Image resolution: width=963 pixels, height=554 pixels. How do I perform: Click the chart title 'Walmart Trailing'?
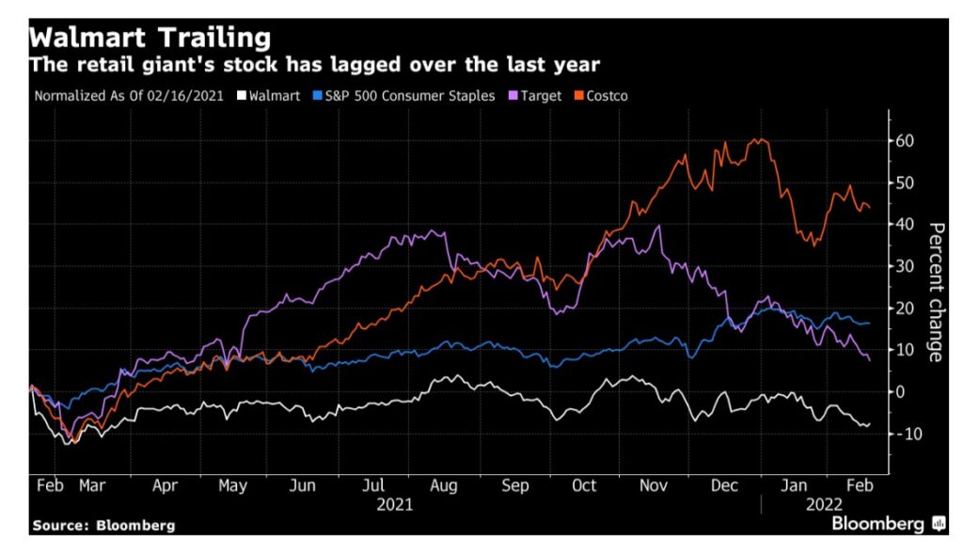point(150,39)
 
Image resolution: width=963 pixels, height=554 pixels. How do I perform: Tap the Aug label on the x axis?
point(444,486)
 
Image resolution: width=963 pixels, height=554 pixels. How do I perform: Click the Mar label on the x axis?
point(92,486)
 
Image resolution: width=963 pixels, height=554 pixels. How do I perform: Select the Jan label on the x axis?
point(796,486)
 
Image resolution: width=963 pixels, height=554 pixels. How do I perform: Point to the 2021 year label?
point(394,504)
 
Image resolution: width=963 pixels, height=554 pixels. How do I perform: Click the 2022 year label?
point(822,504)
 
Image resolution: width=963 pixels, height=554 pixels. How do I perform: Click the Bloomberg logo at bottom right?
point(888,524)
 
